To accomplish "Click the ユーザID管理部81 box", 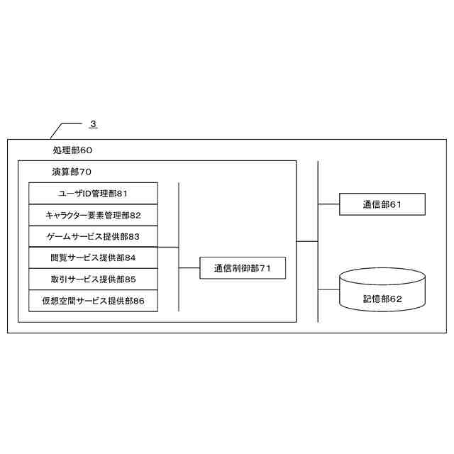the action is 93,193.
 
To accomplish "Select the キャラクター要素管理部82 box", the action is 93,215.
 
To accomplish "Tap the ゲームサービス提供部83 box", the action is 93,236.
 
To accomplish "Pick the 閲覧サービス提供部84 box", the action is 93,258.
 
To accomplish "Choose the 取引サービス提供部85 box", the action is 93,279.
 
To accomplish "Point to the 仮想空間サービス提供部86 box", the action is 93,301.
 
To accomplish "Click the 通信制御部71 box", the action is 243,268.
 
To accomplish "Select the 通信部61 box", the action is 382,204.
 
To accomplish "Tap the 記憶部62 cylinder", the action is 382,291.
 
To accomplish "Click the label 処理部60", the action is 72,150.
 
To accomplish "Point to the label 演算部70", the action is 72,172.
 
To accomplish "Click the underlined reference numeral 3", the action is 93,124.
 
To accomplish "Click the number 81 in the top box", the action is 122,193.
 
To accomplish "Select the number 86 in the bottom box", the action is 138,301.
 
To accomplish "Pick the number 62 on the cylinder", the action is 396,299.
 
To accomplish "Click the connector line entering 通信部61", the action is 329,204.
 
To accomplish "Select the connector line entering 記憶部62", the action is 329,289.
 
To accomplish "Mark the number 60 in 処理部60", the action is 86,150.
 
